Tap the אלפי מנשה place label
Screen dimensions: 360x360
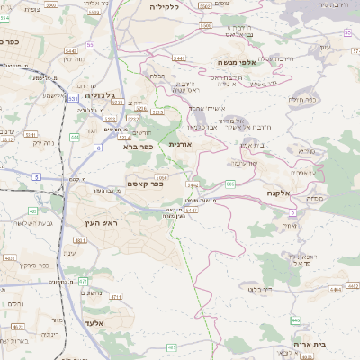(x=238, y=62)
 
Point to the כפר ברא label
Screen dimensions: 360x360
(x=138, y=146)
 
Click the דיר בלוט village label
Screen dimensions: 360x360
(x=260, y=289)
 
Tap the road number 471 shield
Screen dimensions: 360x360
(x=84, y=282)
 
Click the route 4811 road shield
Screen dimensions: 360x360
(x=79, y=241)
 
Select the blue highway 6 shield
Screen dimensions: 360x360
(x=97, y=146)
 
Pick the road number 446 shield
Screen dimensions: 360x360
(x=295, y=319)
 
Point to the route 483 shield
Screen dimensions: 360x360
(x=172, y=345)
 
